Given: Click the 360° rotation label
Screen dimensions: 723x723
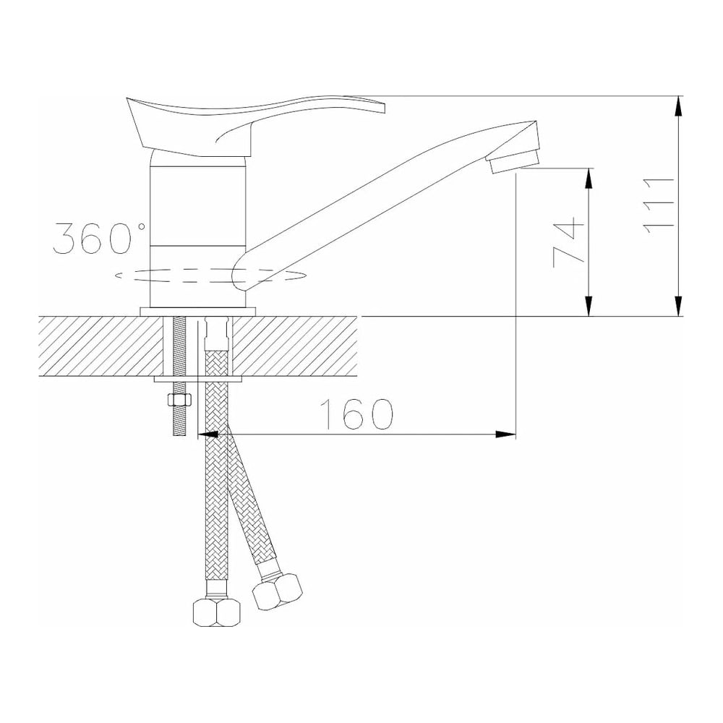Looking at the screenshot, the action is coord(99,238).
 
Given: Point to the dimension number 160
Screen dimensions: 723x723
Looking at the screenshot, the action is coord(357,414).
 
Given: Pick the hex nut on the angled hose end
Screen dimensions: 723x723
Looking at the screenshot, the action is coord(278,592).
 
